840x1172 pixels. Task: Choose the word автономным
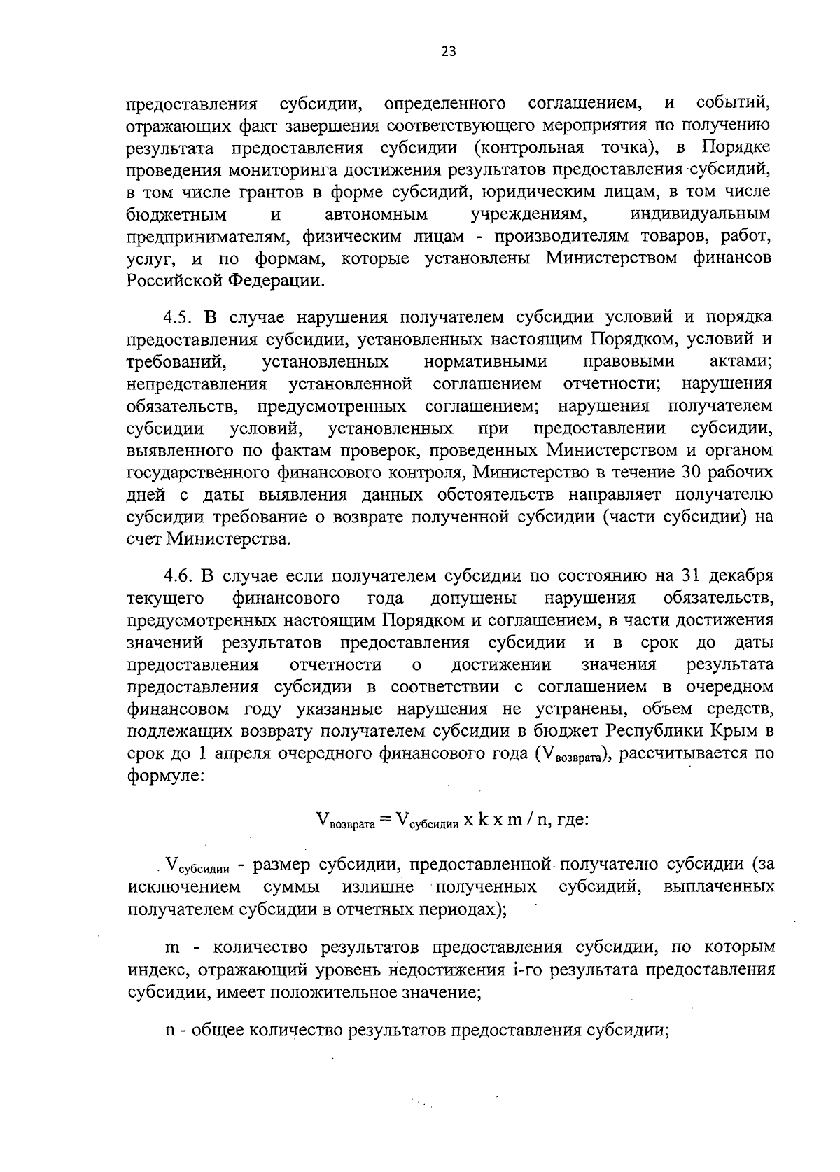377,214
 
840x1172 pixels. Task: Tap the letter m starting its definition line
172,949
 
